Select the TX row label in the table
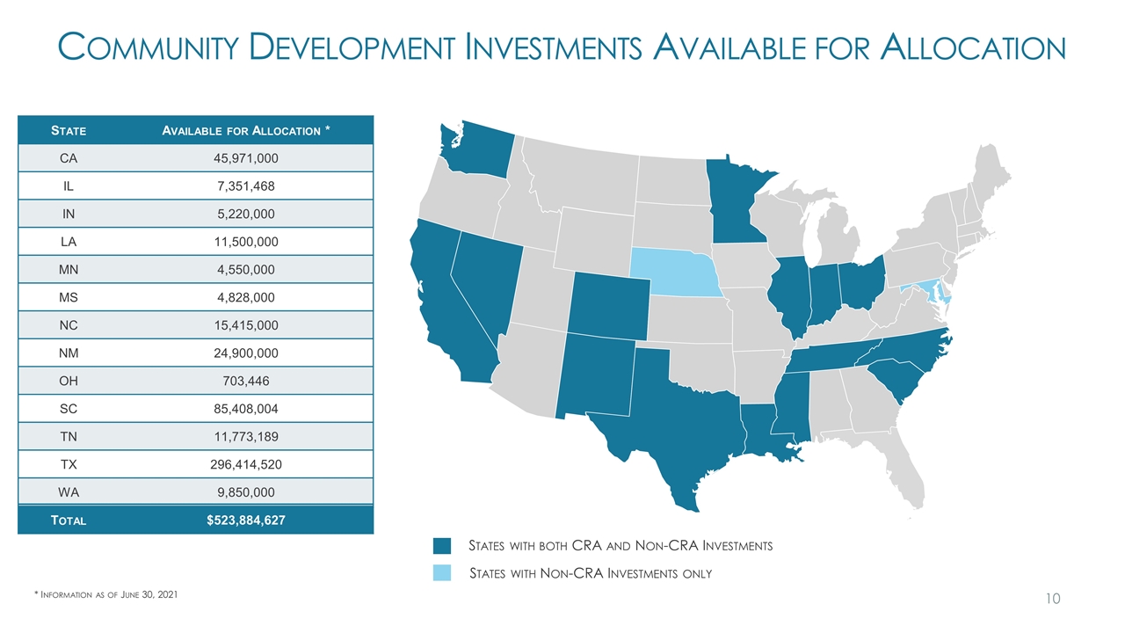coord(69,463)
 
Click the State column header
coord(69,130)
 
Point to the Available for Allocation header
coord(247,130)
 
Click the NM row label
coord(69,353)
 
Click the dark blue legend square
coord(442,545)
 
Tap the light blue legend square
coord(442,573)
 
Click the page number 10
coord(1053,599)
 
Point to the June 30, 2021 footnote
coord(105,595)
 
